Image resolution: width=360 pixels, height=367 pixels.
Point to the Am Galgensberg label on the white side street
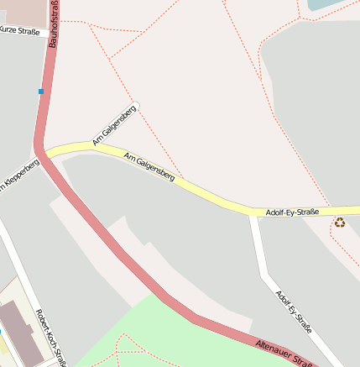tap(114, 125)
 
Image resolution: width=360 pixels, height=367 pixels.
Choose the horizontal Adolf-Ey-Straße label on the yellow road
tap(292, 212)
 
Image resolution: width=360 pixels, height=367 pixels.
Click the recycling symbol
tap(339, 223)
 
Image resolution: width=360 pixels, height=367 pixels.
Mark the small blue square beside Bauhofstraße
tap(40, 91)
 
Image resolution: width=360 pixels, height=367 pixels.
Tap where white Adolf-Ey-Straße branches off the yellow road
tap(253, 213)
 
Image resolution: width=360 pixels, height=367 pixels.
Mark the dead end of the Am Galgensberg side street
tap(135, 104)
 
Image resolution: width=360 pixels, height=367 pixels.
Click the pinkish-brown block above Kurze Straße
tap(21, 10)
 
